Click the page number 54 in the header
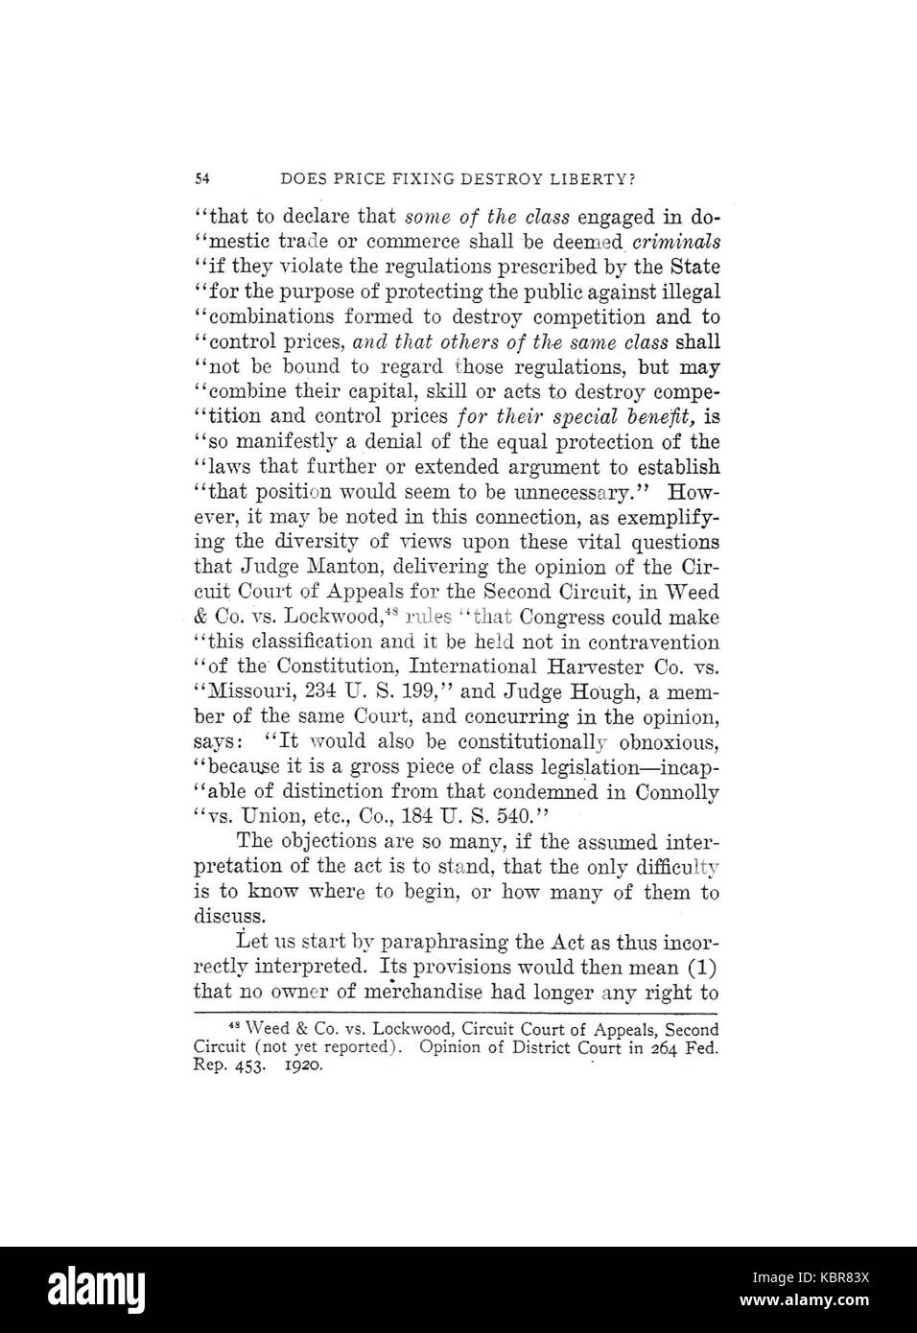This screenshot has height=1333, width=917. point(201,178)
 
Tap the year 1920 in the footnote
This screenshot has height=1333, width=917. point(305,1065)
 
